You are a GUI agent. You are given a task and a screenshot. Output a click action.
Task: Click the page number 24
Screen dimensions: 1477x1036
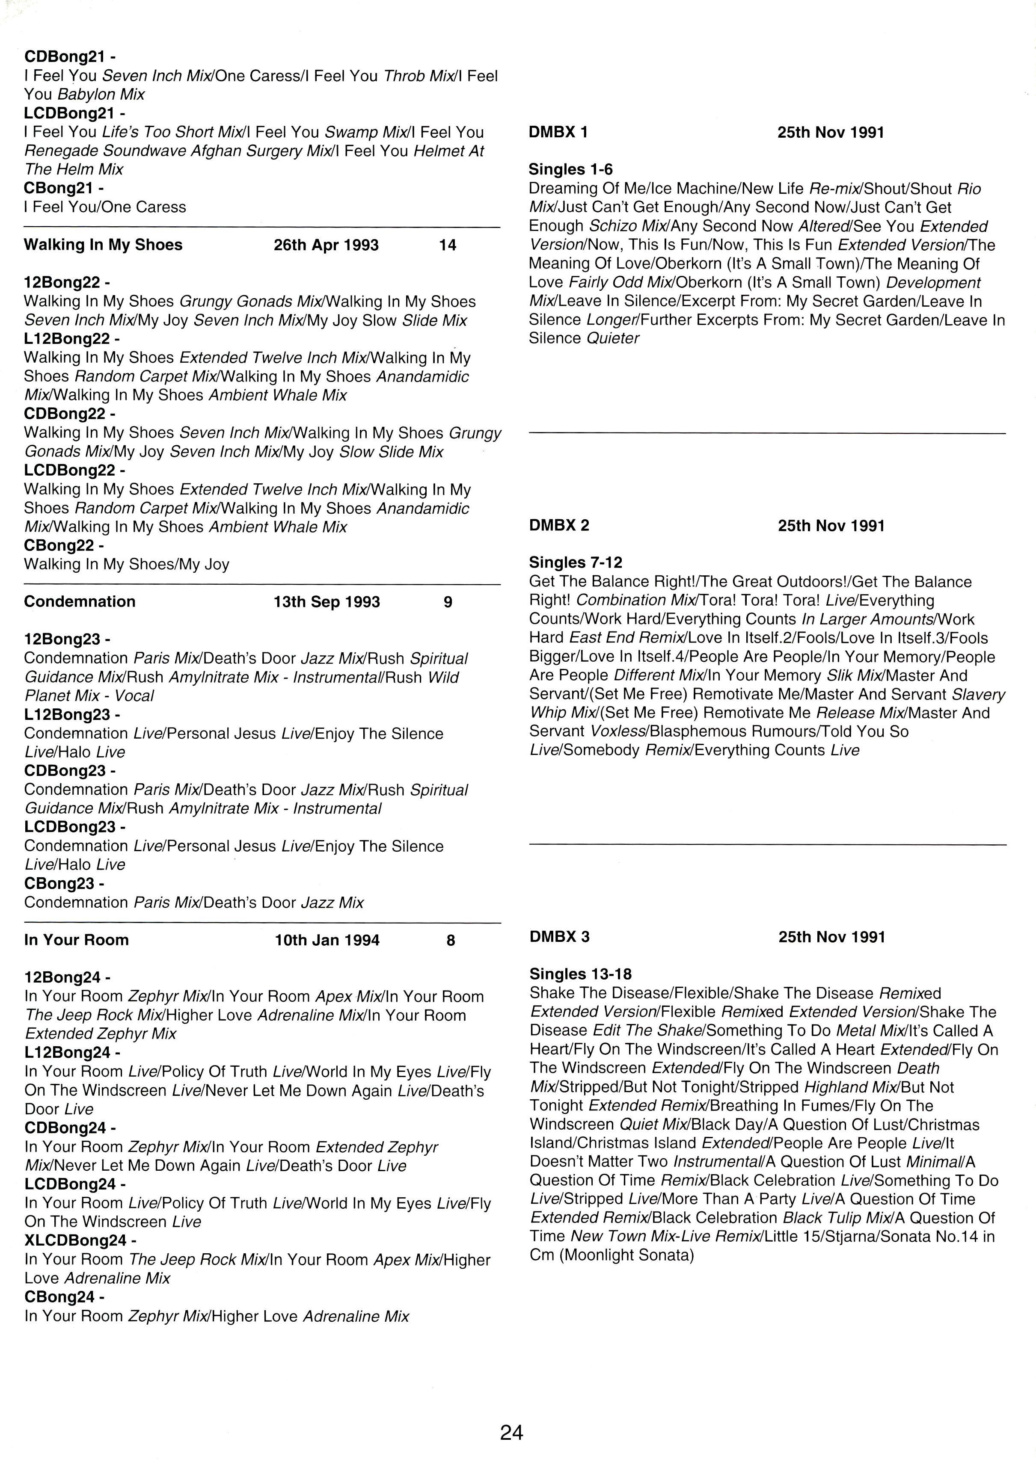coord(511,1432)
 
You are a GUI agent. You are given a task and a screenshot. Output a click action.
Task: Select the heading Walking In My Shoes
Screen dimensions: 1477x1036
coord(103,245)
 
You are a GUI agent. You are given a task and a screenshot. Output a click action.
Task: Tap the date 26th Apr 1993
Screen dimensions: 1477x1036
coord(326,245)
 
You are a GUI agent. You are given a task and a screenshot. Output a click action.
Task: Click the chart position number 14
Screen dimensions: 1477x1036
coord(447,245)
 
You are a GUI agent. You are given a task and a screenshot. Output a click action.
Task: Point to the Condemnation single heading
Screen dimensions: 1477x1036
coord(80,601)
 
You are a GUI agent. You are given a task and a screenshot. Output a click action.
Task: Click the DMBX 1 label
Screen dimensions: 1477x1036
coord(558,133)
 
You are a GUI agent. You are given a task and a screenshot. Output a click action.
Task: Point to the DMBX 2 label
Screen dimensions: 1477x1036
coord(558,526)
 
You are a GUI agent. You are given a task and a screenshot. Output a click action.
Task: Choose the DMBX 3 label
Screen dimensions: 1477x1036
coord(559,937)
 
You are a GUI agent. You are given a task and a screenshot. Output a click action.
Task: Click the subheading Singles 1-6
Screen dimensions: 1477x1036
coord(570,170)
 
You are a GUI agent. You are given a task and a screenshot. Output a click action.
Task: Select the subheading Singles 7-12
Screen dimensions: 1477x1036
coord(575,563)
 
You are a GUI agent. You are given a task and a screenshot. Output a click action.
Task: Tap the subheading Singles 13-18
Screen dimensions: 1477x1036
coord(580,974)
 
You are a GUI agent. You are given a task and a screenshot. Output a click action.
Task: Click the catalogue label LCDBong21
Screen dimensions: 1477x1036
coord(69,113)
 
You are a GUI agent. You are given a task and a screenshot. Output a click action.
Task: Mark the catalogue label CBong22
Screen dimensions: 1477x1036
coord(64,545)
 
